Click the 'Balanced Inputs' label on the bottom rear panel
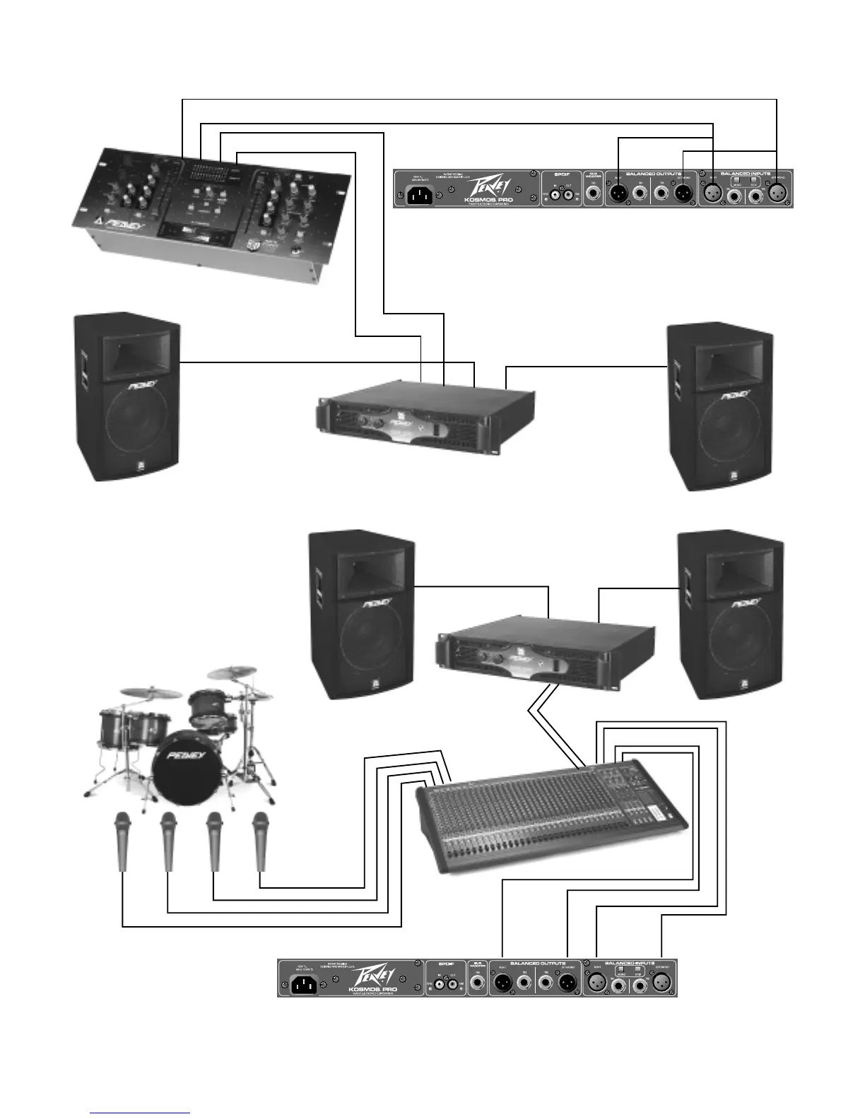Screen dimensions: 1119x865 coord(631,963)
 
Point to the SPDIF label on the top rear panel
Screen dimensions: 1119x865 coord(562,174)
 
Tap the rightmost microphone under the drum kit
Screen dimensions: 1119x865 coord(261,841)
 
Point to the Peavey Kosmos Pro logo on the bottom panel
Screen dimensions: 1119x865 coord(372,979)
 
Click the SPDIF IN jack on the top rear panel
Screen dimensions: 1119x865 coord(555,193)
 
